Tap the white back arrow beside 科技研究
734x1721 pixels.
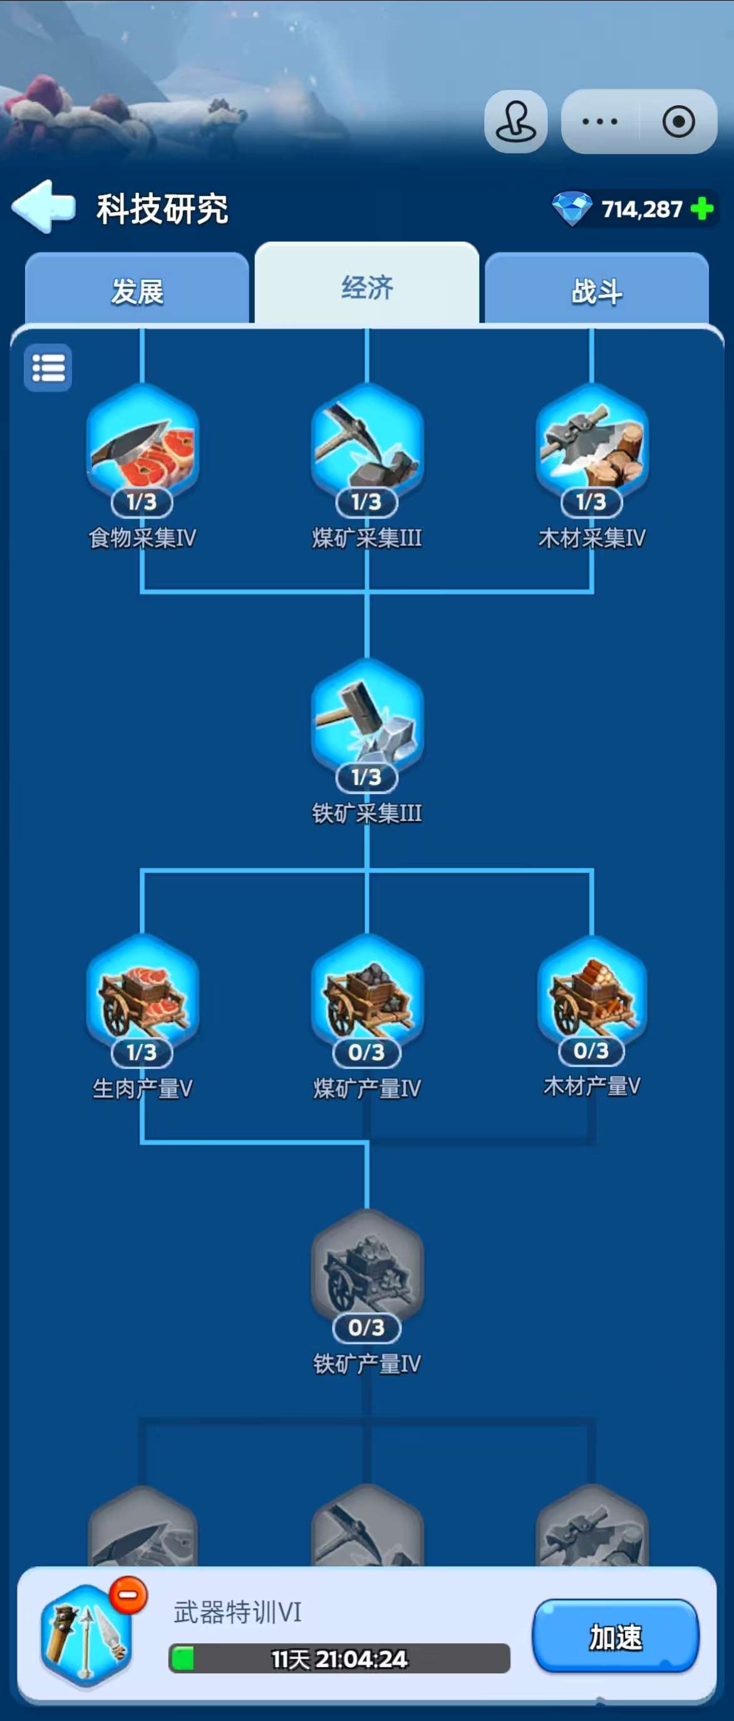[43, 207]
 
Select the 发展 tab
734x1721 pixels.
[137, 291]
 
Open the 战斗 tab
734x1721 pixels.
[596, 291]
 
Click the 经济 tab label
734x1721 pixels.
[366, 287]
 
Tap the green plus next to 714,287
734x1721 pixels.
[702, 209]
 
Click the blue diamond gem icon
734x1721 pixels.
[572, 209]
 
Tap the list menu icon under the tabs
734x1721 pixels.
[48, 368]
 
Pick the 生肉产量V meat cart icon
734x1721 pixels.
[142, 994]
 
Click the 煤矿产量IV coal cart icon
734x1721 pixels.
[366, 994]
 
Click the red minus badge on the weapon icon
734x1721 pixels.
[128, 1595]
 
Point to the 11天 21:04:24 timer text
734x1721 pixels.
[339, 1659]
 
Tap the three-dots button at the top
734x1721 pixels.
[600, 121]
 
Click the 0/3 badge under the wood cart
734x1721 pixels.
[591, 1050]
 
